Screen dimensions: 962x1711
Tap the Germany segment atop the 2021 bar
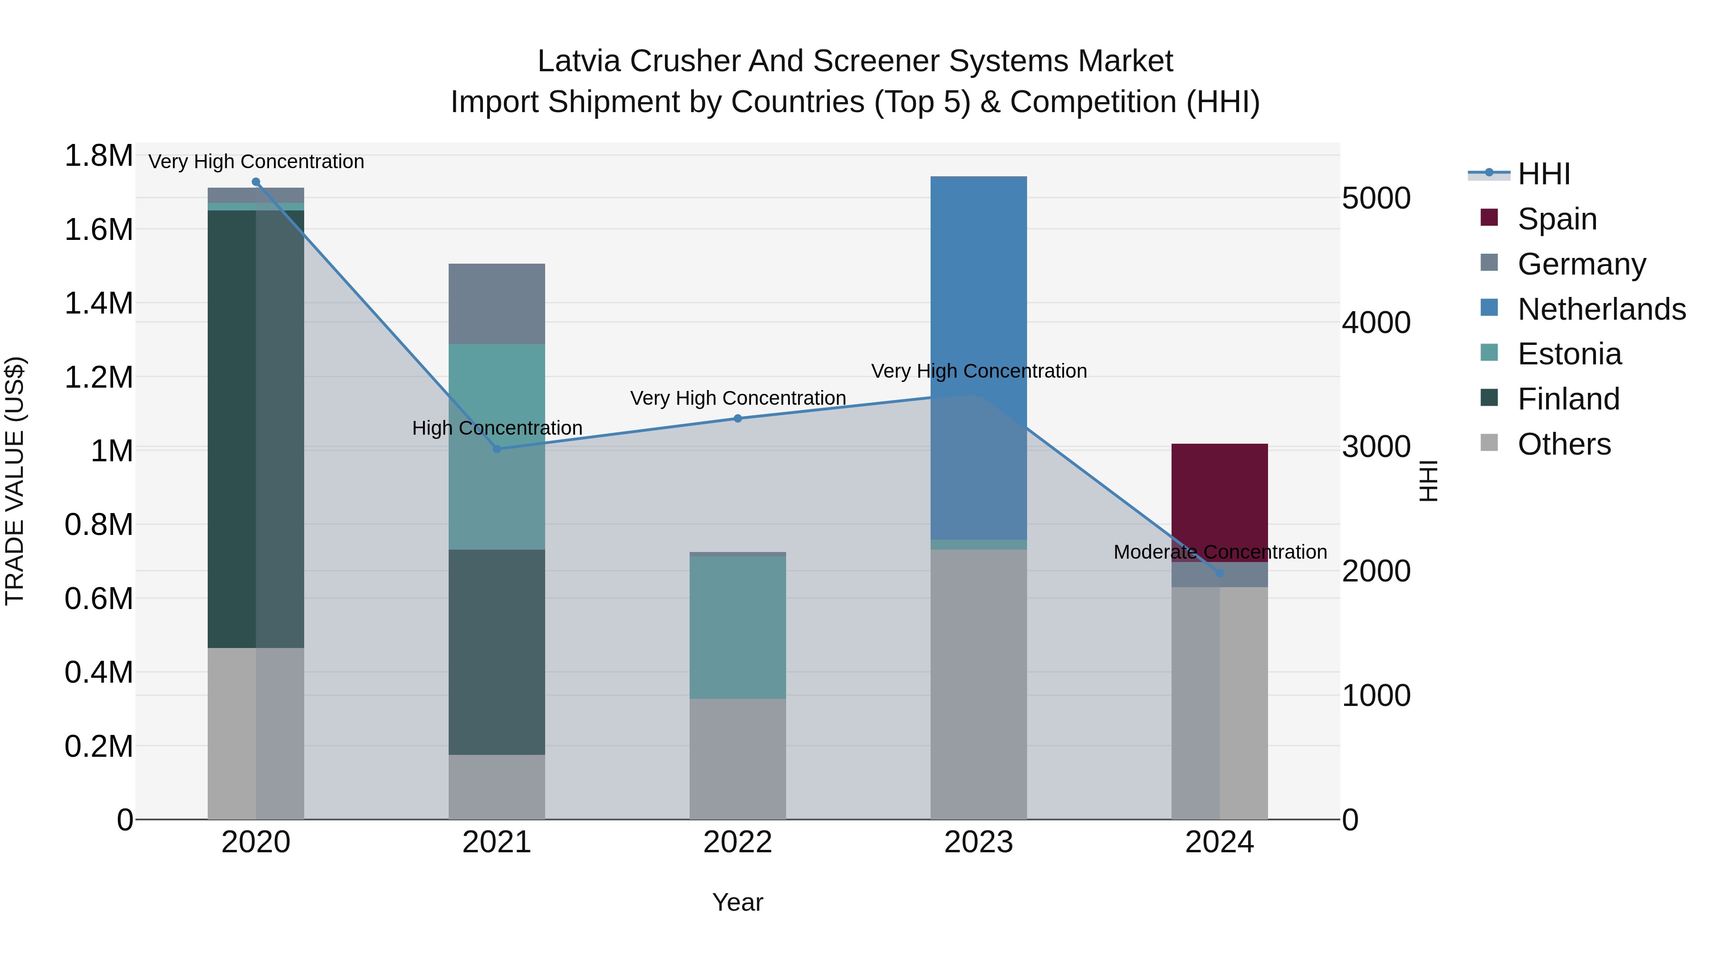(x=497, y=304)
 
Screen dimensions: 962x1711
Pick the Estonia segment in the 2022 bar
(x=737, y=628)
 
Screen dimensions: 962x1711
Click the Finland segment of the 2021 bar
(x=497, y=652)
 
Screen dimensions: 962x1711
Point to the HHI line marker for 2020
(x=256, y=182)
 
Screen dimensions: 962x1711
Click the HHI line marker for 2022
(x=737, y=418)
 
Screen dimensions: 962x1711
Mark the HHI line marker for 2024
(x=1220, y=573)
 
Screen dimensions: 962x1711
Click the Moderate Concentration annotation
(x=1220, y=552)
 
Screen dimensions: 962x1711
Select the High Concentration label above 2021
(x=497, y=428)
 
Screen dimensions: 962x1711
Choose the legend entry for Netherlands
(x=1601, y=309)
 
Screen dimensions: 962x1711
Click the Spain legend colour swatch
(x=1489, y=218)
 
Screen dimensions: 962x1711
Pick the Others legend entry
(x=1564, y=444)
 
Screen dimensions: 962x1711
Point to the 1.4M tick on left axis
(x=98, y=304)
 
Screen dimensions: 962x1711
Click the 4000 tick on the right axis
(x=1376, y=323)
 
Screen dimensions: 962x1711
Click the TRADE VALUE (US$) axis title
(x=15, y=481)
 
